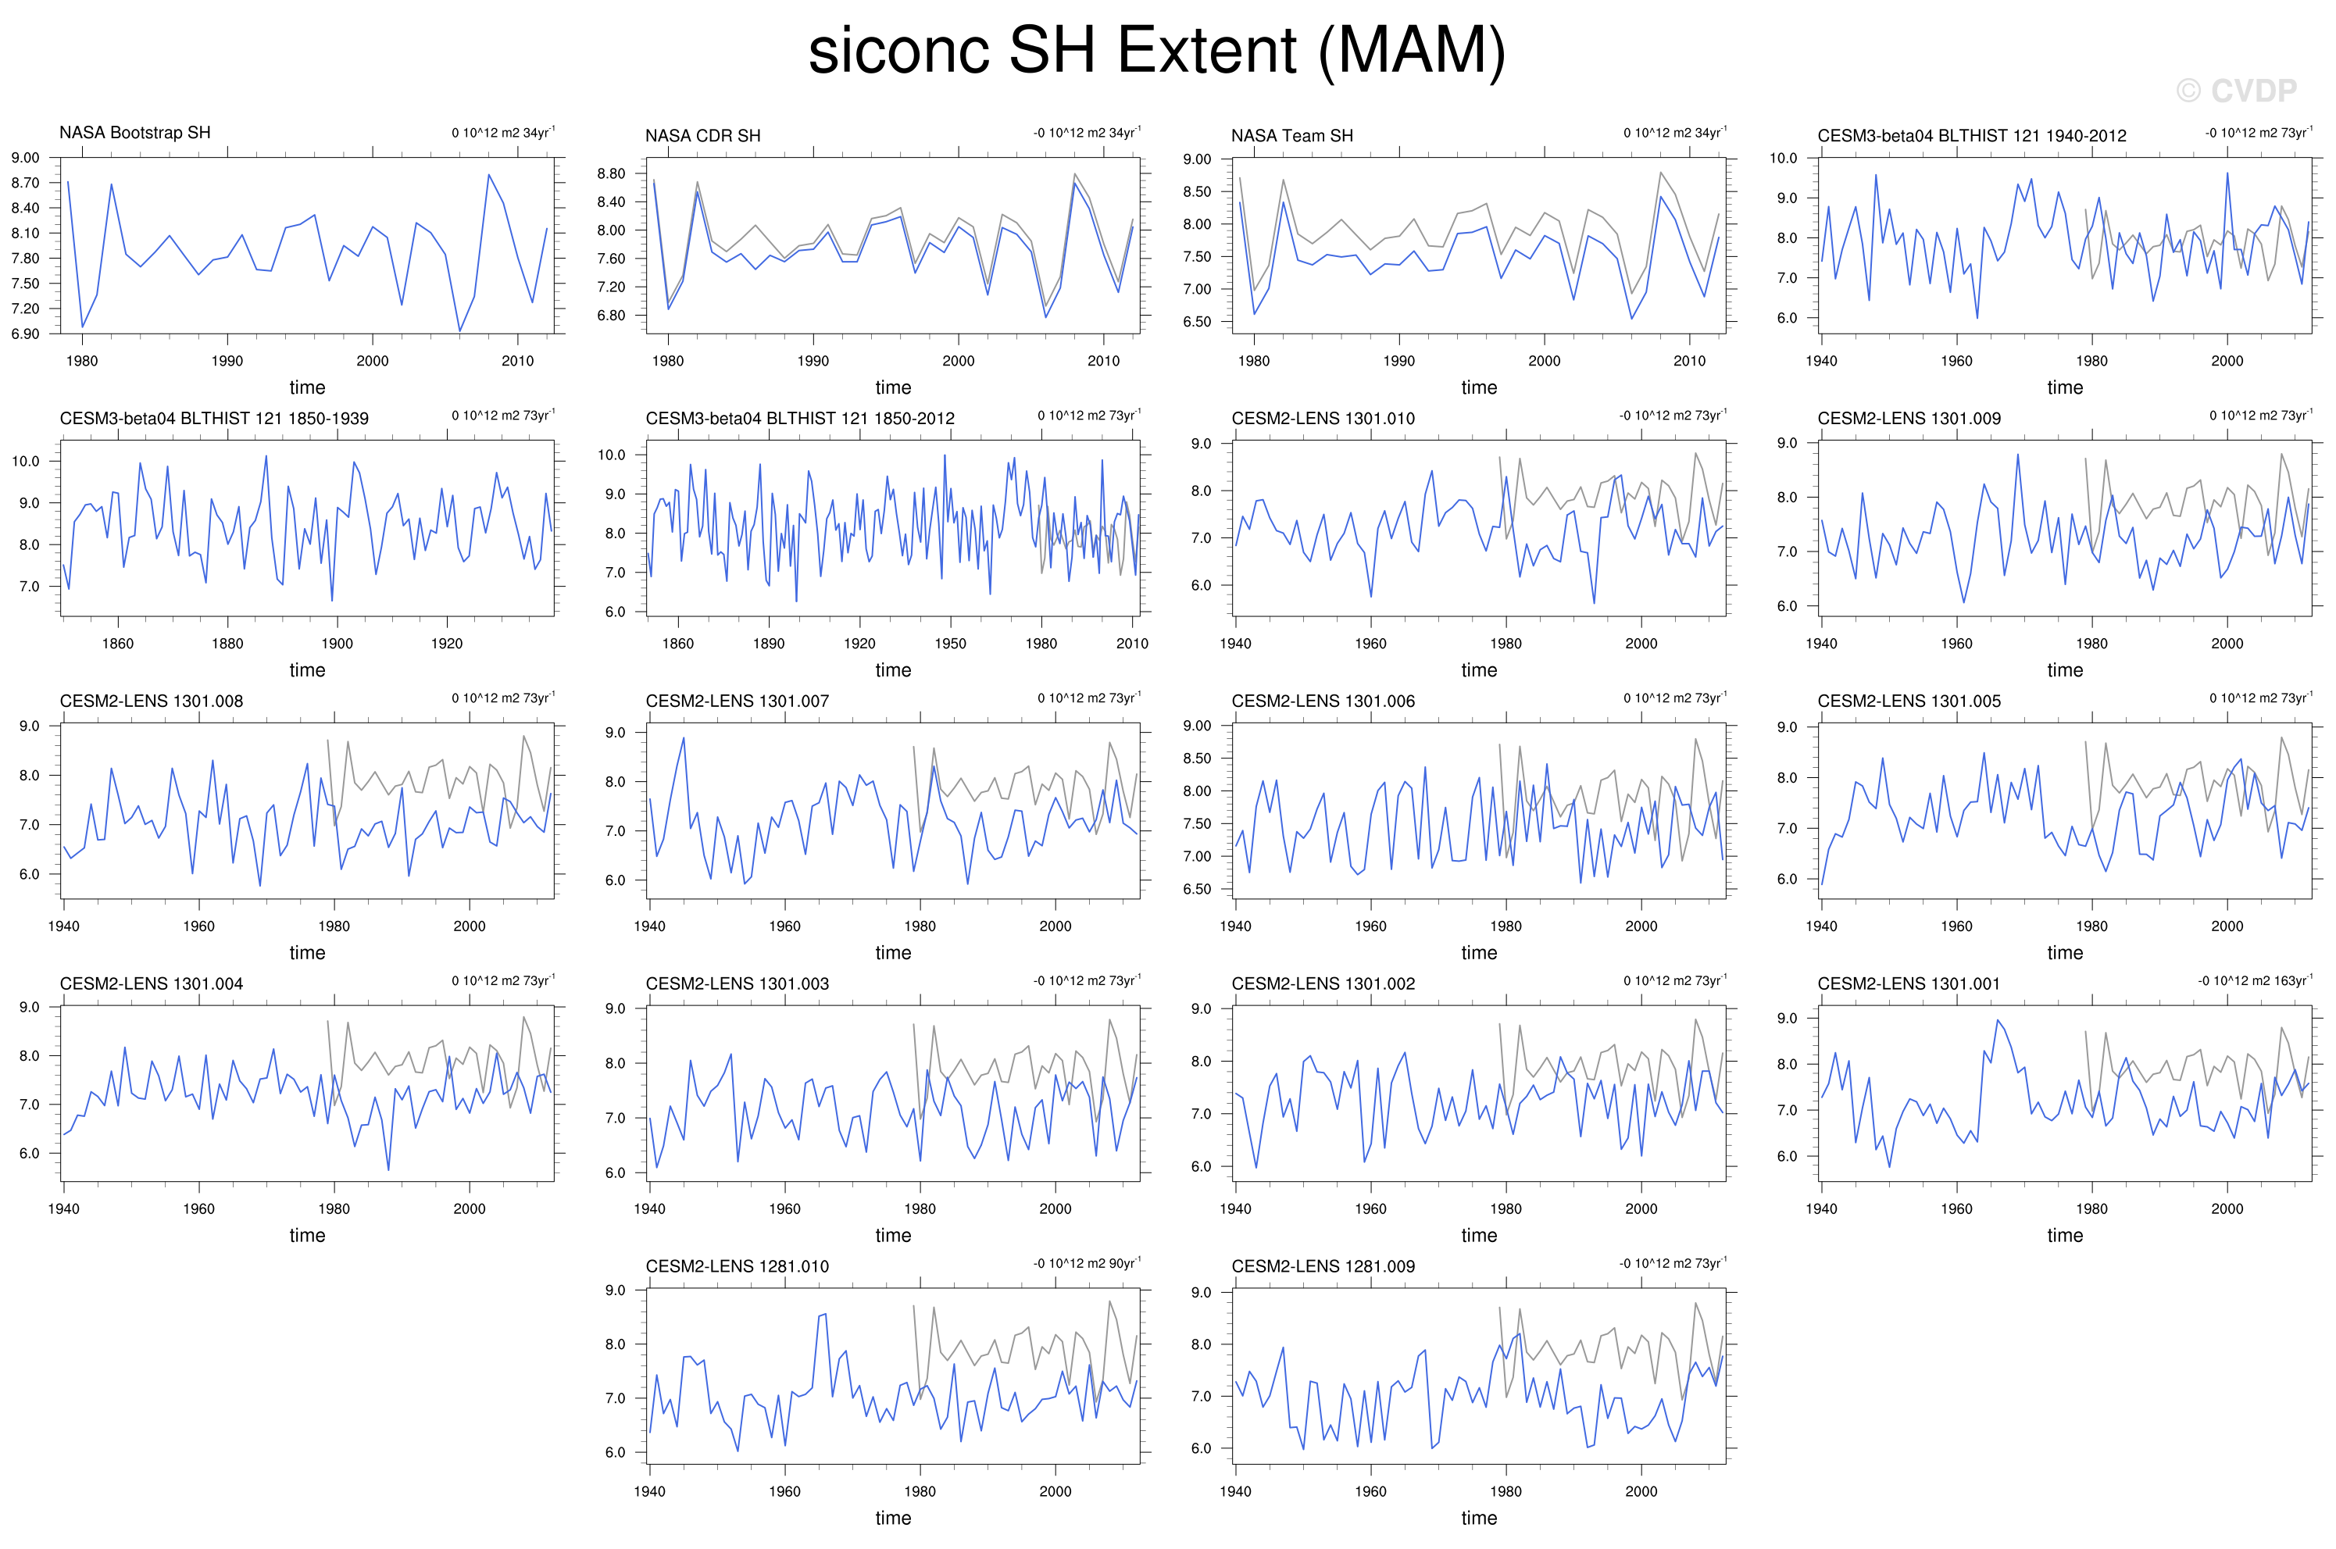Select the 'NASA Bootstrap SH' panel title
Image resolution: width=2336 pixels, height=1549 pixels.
[x=134, y=132]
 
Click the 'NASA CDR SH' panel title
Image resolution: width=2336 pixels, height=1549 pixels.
[x=702, y=135]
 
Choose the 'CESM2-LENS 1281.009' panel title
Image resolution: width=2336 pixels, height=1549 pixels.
[x=1323, y=1266]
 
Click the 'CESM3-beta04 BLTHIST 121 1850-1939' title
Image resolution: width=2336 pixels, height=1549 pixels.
[x=213, y=419]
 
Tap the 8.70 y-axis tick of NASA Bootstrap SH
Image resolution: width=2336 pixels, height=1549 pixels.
[x=26, y=183]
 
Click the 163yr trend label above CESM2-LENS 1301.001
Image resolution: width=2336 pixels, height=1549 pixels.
[x=2255, y=981]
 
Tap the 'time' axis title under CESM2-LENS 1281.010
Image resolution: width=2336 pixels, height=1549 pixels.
[x=893, y=1519]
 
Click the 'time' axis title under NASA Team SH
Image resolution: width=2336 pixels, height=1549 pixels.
[x=1479, y=388]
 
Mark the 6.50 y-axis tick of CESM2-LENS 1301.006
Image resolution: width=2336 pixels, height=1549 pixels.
[x=1197, y=889]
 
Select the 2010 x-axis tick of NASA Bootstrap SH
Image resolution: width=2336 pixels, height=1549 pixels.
[x=517, y=362]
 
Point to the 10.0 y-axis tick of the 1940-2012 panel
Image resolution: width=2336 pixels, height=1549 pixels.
[x=1783, y=158]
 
